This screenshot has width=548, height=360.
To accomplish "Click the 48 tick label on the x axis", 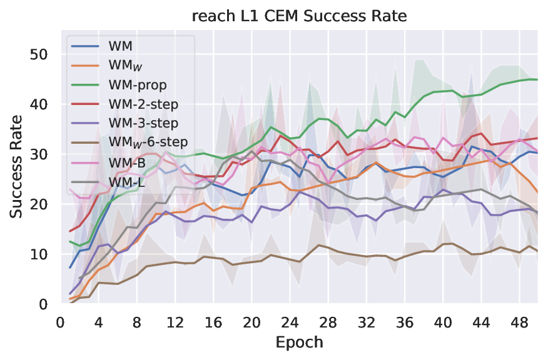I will [519, 322].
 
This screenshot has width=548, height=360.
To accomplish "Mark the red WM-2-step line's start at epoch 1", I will [70, 231].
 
